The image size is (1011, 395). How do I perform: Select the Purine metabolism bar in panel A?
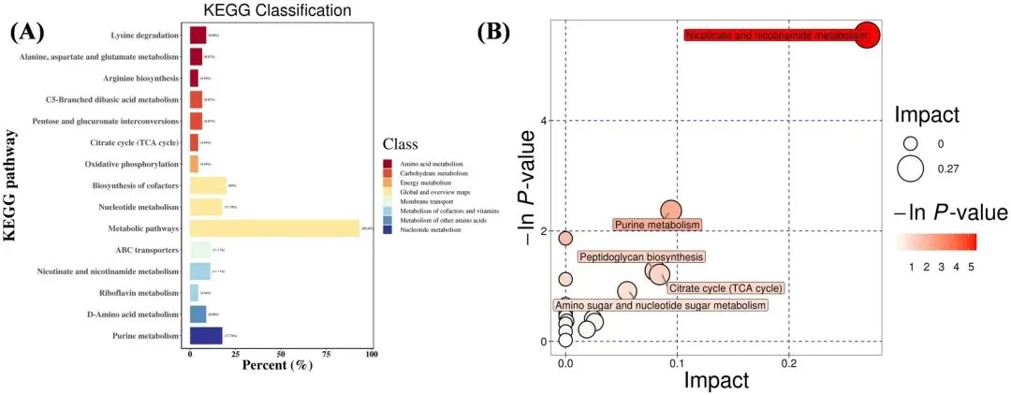click(206, 336)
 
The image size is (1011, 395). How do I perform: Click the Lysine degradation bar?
click(198, 35)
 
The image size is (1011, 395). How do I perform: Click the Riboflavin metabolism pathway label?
click(135, 293)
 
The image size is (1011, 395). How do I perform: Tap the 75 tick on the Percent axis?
click(326, 353)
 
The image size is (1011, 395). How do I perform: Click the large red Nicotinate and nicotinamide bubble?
click(866, 35)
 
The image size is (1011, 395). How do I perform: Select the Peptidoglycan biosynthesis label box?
click(640, 256)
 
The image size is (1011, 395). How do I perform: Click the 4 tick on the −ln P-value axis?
click(541, 120)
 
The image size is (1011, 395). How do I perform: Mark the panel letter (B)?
click(494, 31)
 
